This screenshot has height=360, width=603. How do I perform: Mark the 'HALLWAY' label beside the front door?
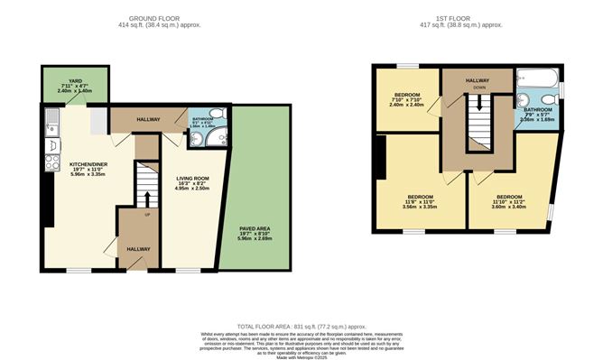pos(138,248)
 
